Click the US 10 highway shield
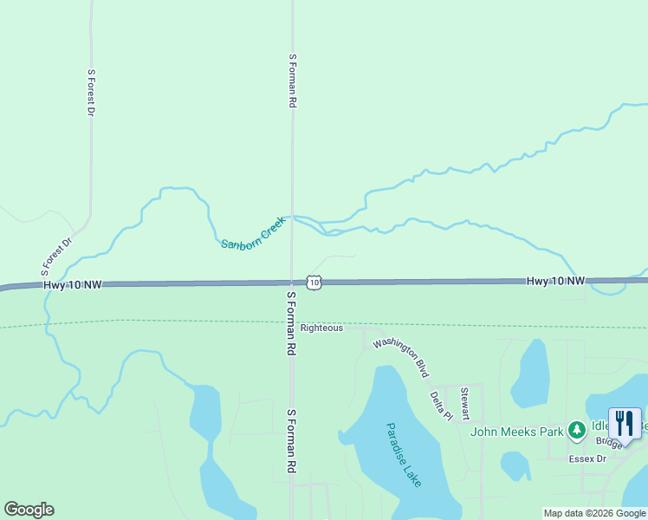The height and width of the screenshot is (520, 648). pyautogui.click(x=314, y=283)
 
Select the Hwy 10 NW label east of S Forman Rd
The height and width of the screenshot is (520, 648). pyautogui.click(x=556, y=282)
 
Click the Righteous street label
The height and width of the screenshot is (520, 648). pyautogui.click(x=321, y=328)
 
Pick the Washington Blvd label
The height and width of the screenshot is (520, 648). pyautogui.click(x=401, y=356)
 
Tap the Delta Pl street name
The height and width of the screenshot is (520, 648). pyautogui.click(x=442, y=405)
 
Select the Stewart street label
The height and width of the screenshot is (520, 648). pyautogui.click(x=465, y=404)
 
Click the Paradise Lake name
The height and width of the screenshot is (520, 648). pyautogui.click(x=404, y=454)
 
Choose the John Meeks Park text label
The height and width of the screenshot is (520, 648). pyautogui.click(x=517, y=431)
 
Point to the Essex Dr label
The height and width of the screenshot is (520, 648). pyautogui.click(x=587, y=458)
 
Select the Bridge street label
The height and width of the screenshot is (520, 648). pyautogui.click(x=608, y=443)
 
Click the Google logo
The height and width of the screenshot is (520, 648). pyautogui.click(x=29, y=510)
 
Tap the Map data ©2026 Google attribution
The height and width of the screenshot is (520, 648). pyautogui.click(x=594, y=513)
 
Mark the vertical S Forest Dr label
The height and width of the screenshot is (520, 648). pyautogui.click(x=90, y=93)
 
